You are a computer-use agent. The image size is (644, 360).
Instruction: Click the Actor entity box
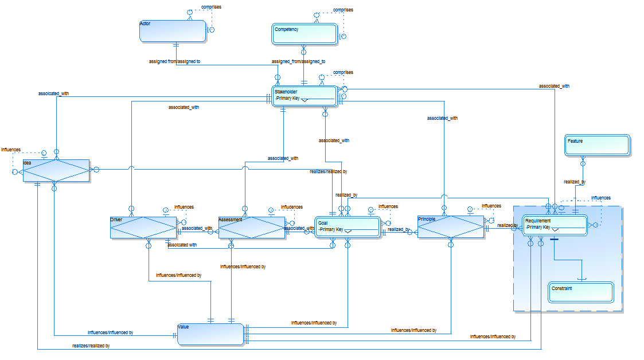point(173,31)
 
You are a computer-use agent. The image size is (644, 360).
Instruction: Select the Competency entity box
point(304,34)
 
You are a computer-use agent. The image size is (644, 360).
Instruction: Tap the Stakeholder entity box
point(304,95)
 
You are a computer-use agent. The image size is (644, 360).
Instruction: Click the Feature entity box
point(597,145)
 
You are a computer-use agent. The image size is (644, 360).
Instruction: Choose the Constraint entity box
point(580,292)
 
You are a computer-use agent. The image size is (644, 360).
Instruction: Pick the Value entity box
point(210,334)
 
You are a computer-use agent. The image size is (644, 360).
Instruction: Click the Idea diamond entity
point(56,170)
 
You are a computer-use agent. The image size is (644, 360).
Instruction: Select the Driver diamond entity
point(143,227)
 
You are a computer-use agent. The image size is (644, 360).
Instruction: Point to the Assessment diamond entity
point(252,227)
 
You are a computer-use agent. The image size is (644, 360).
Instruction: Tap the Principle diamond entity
point(451,226)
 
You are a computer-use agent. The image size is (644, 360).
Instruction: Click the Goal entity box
point(348,226)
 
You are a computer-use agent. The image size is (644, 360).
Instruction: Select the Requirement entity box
point(555,224)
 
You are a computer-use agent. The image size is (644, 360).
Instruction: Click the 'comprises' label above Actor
point(211,7)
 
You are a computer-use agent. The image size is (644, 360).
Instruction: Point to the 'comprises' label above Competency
point(343,10)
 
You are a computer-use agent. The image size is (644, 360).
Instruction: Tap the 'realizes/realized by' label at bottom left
point(91,346)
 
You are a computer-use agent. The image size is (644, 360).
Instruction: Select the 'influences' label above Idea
point(11,150)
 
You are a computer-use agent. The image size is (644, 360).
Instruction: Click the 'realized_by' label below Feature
point(574,182)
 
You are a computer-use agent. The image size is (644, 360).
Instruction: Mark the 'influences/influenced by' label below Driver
point(178,275)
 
